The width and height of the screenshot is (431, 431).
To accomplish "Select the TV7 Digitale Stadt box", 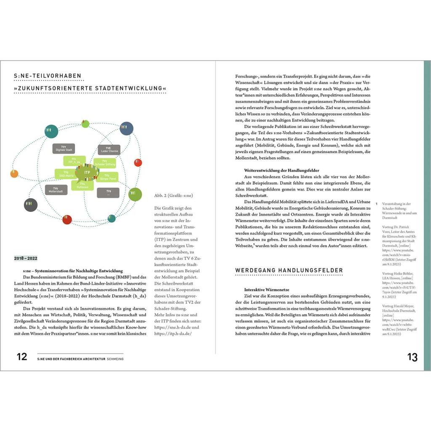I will click(x=64, y=148).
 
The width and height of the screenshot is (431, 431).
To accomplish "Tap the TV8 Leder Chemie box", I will click(x=109, y=149).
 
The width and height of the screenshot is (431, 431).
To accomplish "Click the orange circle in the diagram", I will click(x=14, y=173).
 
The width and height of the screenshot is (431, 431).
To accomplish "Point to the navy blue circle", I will click(x=126, y=128).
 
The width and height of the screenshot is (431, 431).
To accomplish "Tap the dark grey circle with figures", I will click(x=31, y=205).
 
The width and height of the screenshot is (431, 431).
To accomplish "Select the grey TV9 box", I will click(x=108, y=193).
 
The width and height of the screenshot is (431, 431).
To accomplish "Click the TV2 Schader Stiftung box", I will click(x=105, y=162).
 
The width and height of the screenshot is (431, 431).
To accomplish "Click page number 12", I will click(x=22, y=357).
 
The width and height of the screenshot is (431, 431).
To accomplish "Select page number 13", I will click(x=412, y=357).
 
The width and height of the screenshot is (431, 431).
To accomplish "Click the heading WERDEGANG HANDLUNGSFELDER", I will click(x=289, y=270).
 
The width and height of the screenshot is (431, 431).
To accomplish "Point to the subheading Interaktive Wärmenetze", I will click(x=266, y=290).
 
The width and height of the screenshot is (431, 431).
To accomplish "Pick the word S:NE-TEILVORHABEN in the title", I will click(x=47, y=76).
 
